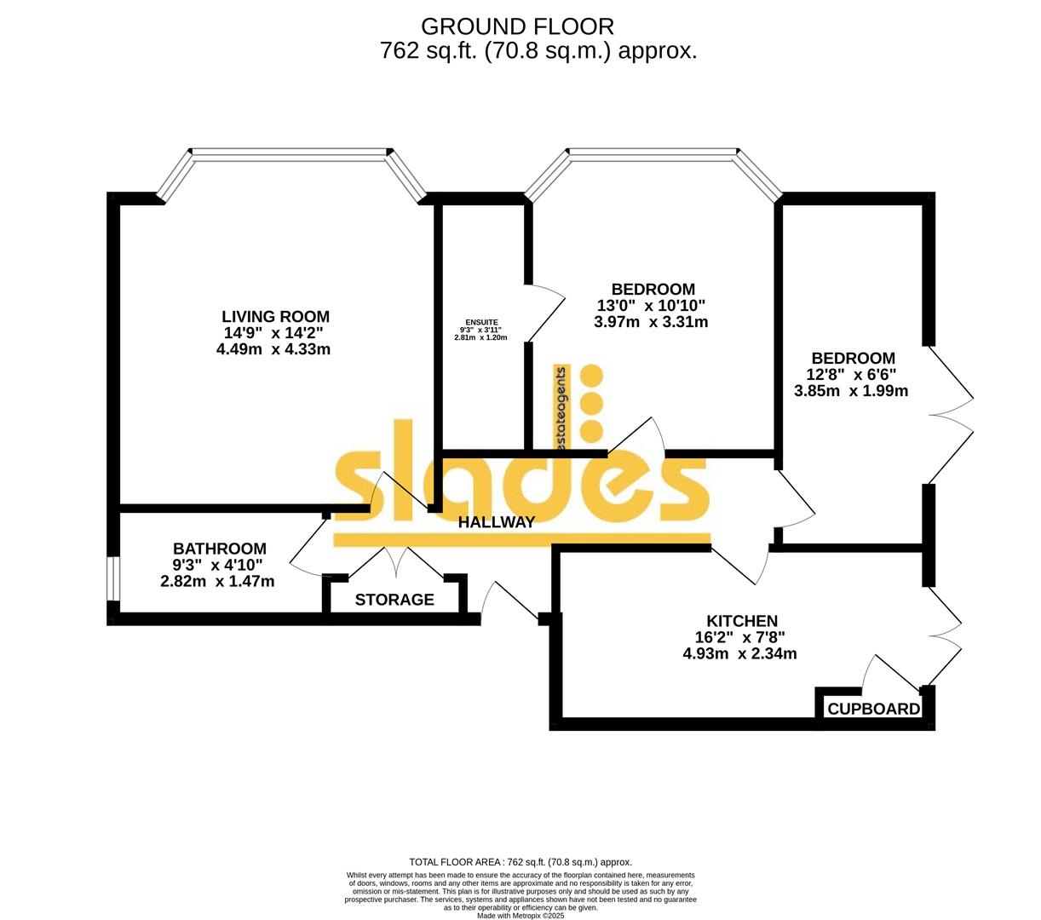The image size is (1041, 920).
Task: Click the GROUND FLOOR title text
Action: coord(517,26)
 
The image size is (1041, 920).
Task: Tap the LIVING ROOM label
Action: coord(275,316)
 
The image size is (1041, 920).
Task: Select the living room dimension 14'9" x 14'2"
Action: coord(273,333)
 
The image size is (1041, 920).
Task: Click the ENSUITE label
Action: coord(480,321)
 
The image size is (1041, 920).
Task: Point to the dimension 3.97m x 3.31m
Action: coord(651,322)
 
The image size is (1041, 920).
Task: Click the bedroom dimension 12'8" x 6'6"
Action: coord(851,375)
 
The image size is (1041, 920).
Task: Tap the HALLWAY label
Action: coord(497,522)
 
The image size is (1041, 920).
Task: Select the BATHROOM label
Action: coord(220,549)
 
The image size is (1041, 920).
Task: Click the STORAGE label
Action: coord(394,600)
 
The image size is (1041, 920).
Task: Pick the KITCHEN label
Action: coord(742,621)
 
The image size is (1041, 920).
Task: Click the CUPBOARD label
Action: coord(874,709)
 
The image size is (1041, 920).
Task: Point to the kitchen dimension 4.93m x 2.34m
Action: coord(739,654)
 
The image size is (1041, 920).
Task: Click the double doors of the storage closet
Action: coord(395,563)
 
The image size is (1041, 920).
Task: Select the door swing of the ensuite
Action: coord(546,312)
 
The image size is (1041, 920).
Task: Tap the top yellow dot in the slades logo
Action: coord(590,376)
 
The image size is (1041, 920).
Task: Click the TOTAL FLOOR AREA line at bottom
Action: coord(520,862)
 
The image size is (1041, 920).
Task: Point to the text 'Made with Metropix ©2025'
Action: coord(520,915)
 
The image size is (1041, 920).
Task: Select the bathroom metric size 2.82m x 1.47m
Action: coord(217,582)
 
